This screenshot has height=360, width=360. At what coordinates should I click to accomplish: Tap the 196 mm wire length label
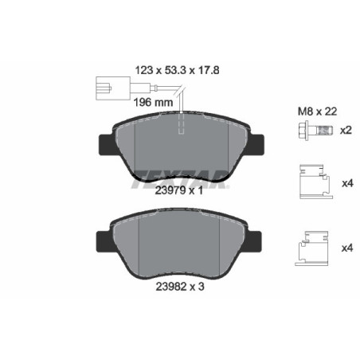(151, 102)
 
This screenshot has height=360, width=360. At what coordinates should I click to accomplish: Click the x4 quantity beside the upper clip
(346, 183)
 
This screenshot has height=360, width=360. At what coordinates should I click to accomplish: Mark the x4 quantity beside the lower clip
(346, 248)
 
